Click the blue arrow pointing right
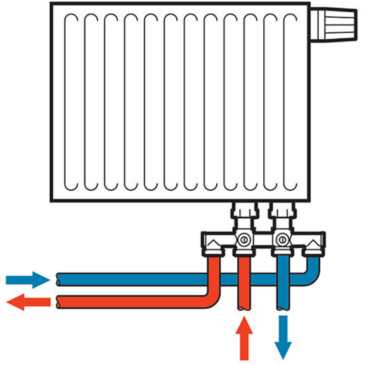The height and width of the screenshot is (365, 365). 27,279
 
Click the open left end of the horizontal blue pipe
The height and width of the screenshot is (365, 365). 58,278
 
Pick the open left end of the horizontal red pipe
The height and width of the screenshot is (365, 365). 58,301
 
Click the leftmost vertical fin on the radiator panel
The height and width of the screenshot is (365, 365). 71,102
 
